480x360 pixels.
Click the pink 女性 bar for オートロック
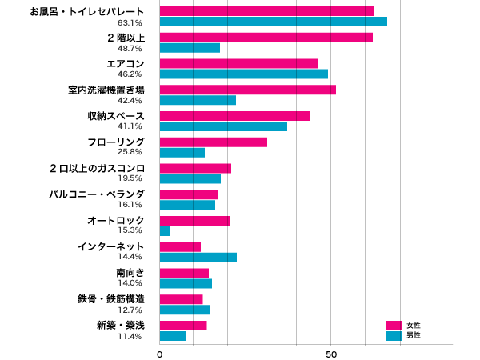coord(195,221)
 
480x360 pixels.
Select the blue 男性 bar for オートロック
coord(165,231)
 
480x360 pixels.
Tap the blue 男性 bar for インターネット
coord(198,257)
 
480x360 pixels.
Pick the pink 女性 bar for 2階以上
coord(266,37)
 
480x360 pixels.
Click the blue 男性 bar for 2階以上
coord(190,48)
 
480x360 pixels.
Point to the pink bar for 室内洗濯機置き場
coord(248,90)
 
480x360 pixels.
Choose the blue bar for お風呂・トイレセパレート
coord(274,22)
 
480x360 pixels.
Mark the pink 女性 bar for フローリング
coord(214,142)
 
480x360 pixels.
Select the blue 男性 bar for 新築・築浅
coord(173,336)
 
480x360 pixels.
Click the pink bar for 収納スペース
coord(234,116)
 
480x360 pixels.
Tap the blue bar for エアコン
coord(244,74)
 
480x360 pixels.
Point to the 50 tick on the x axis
coord(331,354)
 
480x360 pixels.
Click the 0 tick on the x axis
coord(160,354)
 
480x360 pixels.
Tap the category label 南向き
coord(130,273)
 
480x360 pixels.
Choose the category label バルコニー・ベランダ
coord(97,194)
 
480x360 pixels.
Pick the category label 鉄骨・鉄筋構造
coord(111,299)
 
